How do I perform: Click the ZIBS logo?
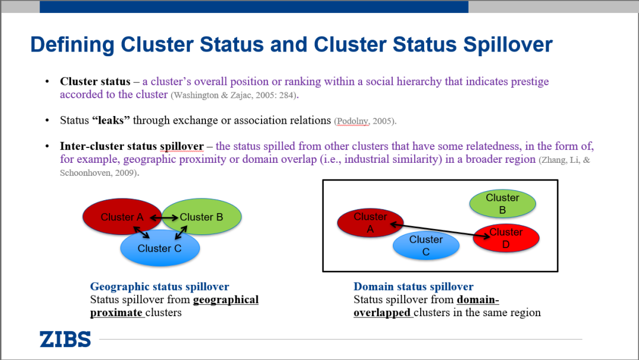point(65,339)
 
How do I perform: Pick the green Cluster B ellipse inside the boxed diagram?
point(502,203)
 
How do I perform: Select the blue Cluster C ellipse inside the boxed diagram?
point(426,246)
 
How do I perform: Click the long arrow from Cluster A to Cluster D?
point(441,230)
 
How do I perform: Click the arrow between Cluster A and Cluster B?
point(163,218)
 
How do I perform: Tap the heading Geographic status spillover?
point(159,287)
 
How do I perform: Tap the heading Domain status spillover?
point(413,287)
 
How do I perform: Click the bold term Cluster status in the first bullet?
point(95,82)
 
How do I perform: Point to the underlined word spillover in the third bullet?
point(182,146)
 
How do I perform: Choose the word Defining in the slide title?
point(72,45)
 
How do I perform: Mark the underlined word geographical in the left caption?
point(225,300)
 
